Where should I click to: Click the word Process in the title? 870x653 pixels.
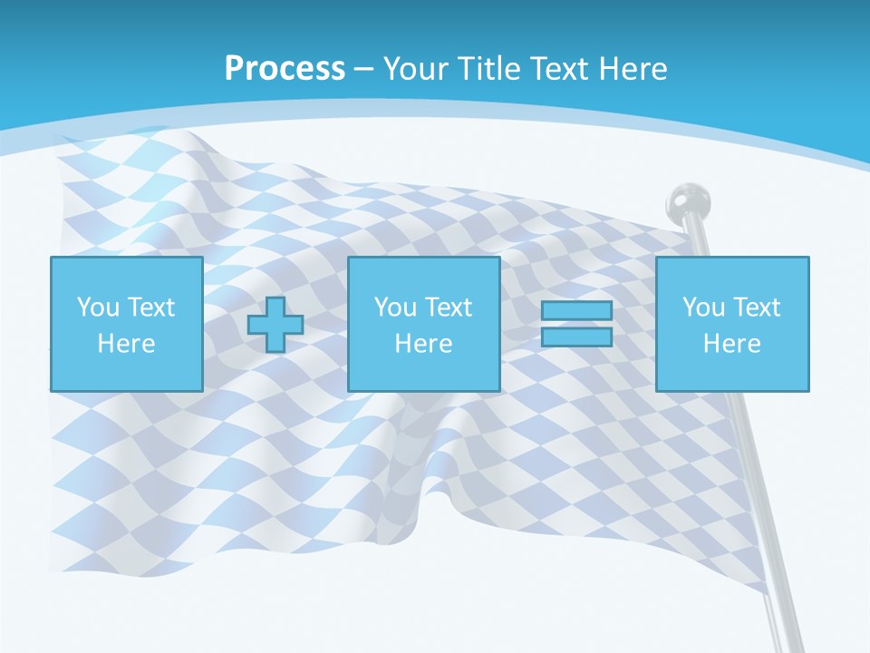click(285, 69)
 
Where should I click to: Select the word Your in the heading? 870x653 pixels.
click(414, 69)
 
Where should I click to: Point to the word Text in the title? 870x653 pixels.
click(559, 69)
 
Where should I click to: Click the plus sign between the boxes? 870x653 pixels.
click(275, 325)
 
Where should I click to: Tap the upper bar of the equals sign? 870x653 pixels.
click(576, 311)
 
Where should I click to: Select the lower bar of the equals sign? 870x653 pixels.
click(576, 336)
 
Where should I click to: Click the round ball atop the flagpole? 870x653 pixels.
click(688, 202)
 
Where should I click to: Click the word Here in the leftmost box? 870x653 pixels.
click(126, 344)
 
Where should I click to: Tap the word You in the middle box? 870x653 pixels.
click(395, 307)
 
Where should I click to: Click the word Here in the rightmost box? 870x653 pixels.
click(731, 344)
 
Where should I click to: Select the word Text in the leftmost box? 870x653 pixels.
click(151, 307)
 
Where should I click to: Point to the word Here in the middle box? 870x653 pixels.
click(423, 344)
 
